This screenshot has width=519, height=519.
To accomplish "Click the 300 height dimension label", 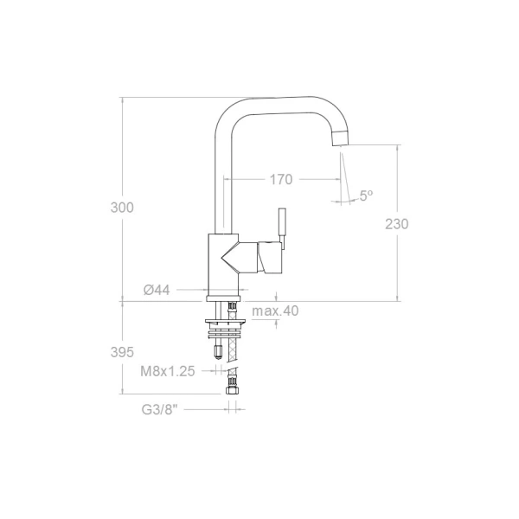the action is (122, 208).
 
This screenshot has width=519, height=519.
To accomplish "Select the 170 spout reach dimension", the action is (281, 179).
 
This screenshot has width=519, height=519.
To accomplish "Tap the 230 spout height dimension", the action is (396, 224).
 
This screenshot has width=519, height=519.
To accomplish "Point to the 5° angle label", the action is (366, 195).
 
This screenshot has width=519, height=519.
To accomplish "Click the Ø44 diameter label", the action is (157, 290).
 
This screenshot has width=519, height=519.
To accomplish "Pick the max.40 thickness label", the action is (275, 311).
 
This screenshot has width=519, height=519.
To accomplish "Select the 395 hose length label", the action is (122, 352).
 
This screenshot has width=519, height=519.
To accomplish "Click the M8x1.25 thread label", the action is (168, 371).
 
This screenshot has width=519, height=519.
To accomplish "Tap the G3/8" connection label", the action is (159, 410).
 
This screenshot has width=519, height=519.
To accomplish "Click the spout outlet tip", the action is (340, 138).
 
